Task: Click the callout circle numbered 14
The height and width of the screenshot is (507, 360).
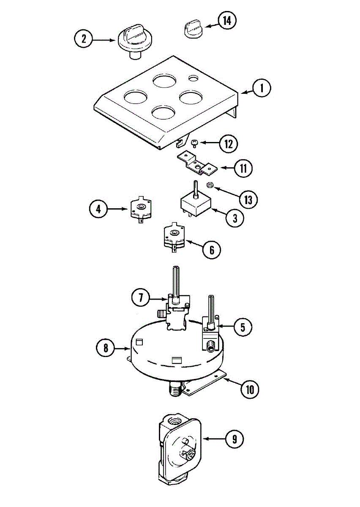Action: [227, 21]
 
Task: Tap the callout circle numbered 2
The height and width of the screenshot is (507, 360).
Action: [84, 39]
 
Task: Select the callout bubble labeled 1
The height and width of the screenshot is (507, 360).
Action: [262, 88]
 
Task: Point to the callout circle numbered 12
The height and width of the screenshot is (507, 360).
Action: [228, 144]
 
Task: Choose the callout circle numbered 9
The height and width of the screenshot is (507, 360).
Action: [234, 439]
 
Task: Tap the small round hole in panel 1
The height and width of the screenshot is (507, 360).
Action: [194, 78]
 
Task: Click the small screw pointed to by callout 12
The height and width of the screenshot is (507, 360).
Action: [195, 143]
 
